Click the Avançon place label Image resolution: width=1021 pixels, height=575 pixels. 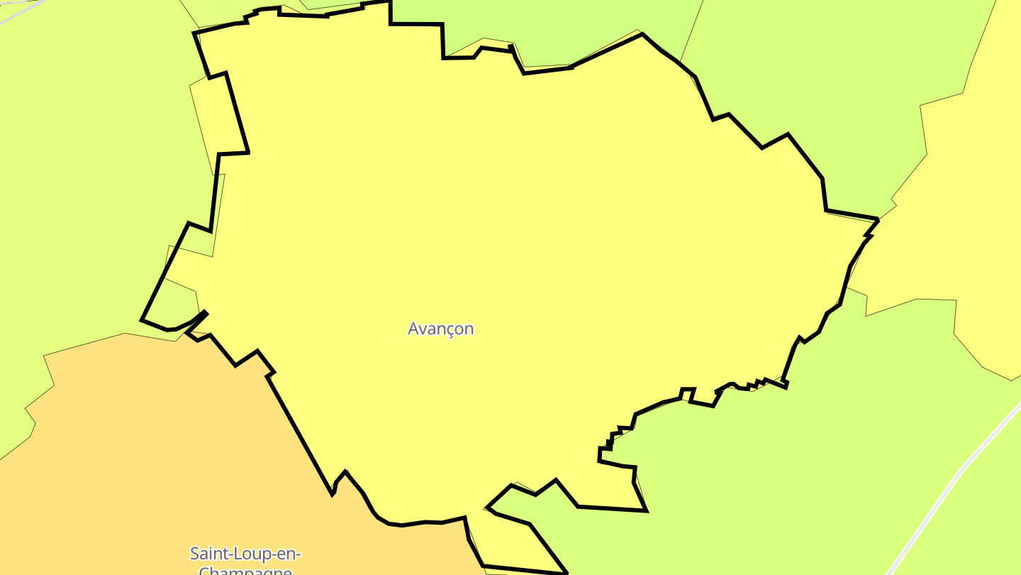pos(440,329)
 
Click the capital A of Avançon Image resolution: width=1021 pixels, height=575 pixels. pos(413,329)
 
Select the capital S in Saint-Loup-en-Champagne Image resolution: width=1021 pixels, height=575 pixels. pos(194,553)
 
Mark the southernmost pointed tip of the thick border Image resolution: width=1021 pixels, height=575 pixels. pos(567,572)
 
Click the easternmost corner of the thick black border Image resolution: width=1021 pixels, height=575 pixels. pos(878,221)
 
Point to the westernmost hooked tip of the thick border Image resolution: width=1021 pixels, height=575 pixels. pos(143,319)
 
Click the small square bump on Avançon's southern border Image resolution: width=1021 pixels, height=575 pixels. pos(687,393)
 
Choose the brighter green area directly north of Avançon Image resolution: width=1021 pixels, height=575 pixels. pos(567,28)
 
